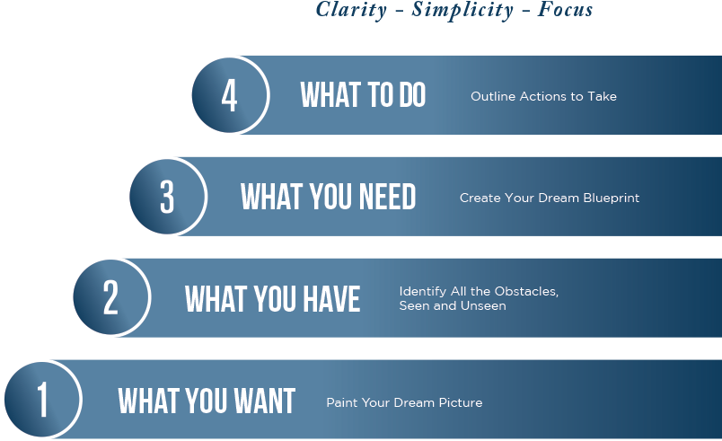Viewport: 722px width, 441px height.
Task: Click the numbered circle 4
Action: pyautogui.click(x=229, y=95)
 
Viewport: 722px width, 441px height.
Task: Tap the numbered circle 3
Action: pyautogui.click(x=167, y=197)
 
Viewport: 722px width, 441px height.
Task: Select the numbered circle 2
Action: pyautogui.click(x=110, y=297)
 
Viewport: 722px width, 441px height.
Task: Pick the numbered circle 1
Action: pyautogui.click(x=42, y=399)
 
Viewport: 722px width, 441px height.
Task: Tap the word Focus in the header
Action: pyautogui.click(x=566, y=10)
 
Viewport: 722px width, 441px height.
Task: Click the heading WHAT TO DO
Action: pyautogui.click(x=363, y=95)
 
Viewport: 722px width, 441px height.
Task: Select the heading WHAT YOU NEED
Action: pyautogui.click(x=328, y=197)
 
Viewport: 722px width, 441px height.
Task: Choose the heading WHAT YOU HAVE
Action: pyautogui.click(x=272, y=298)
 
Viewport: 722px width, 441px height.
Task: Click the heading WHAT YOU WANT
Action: pyautogui.click(x=207, y=401)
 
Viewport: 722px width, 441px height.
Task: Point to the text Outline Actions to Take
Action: pyautogui.click(x=543, y=96)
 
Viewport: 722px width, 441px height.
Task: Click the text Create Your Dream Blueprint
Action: pyautogui.click(x=550, y=198)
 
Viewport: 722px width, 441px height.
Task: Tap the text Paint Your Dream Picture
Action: pyautogui.click(x=404, y=402)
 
